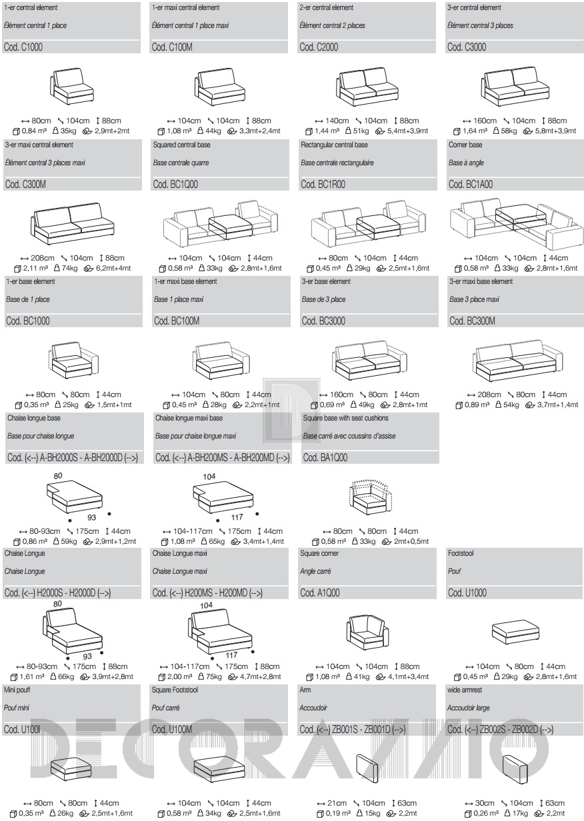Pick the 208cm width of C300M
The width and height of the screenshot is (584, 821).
point(44,258)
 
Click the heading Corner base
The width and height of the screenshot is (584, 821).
point(465,145)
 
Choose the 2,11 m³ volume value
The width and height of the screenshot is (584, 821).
point(29,268)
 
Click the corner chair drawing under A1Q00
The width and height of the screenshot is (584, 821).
point(367,633)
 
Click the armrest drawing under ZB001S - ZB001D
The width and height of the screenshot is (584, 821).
point(369,770)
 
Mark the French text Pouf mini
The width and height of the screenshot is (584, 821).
point(19,708)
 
